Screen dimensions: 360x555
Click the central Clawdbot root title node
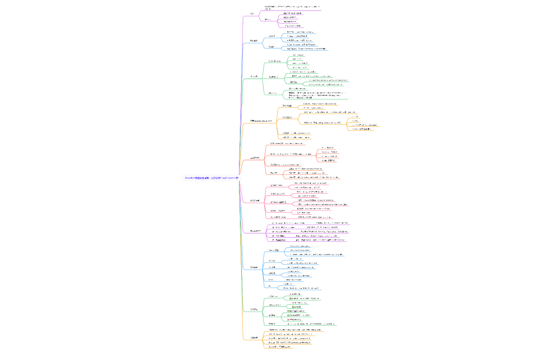tap(212, 177)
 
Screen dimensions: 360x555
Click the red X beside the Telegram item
tap(272, 202)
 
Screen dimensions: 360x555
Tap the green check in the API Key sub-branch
tap(291, 298)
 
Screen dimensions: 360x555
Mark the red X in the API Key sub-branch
tap(291, 294)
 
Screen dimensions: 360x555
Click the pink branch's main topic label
tap(256, 201)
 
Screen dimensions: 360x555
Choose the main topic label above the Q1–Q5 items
tap(256, 231)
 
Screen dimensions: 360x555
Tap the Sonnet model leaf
tap(329, 152)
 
